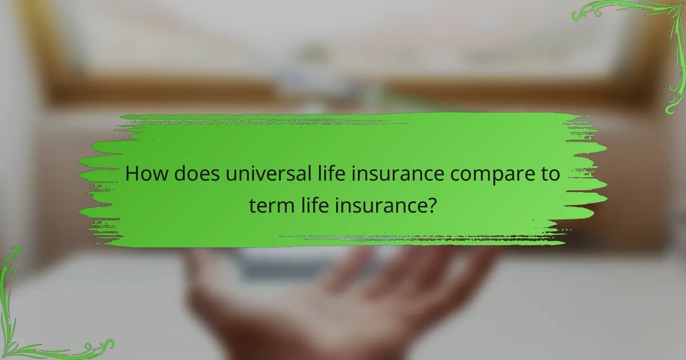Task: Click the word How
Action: tap(146, 174)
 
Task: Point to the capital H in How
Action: tap(132, 174)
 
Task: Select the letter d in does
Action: tap(181, 174)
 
